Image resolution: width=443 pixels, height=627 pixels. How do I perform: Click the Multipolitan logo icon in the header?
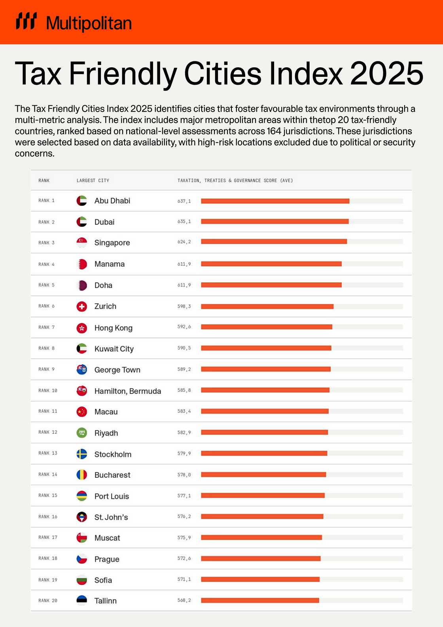pos(26,21)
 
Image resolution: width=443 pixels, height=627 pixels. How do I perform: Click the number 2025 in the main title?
pos(386,74)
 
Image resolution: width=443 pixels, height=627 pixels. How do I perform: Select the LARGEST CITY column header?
pos(93,180)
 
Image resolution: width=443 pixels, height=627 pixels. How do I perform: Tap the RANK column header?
pos(44,180)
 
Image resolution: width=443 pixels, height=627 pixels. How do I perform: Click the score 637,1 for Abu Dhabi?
pos(184,201)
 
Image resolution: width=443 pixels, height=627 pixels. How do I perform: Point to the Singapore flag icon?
pos(82,242)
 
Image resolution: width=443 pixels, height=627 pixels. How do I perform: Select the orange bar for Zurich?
pos(267,306)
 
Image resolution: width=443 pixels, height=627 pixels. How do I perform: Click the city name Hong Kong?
pos(113,328)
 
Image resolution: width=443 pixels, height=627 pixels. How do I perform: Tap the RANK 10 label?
pos(47,391)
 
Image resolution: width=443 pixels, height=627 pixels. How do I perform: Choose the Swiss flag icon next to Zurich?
pos(82,306)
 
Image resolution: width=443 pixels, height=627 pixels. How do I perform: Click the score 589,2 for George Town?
pos(184,369)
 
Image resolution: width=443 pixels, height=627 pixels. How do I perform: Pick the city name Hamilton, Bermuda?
pos(127,391)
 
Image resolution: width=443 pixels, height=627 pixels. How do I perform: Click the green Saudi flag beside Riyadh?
pos(82,433)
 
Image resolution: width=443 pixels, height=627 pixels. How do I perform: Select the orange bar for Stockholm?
pos(264,453)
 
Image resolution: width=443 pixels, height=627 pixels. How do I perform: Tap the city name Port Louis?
pos(112,496)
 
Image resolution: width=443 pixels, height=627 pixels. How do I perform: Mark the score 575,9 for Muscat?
pos(184,538)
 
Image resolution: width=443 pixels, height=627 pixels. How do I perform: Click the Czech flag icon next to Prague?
pos(82,559)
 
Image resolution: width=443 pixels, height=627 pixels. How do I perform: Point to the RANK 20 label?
pos(47,600)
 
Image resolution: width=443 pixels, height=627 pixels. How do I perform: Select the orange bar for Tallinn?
pos(260,600)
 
